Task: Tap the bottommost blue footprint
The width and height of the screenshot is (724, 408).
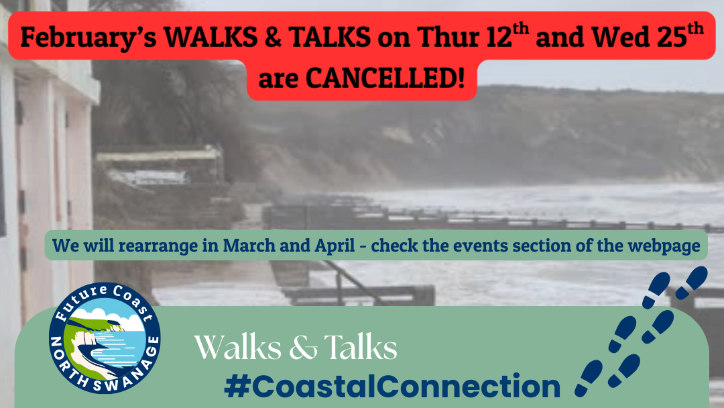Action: pos(589,378)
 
